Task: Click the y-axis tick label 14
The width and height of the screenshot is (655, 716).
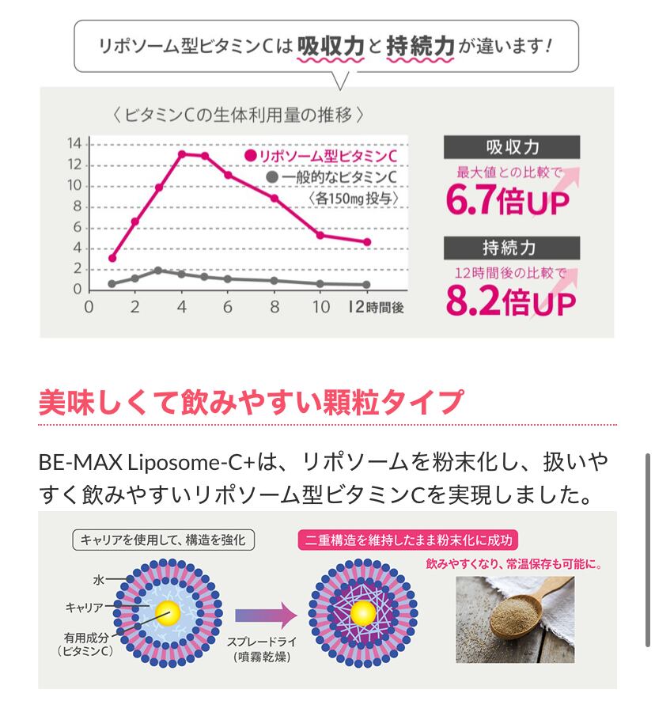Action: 74,143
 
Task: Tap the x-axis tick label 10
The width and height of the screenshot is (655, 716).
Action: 320,307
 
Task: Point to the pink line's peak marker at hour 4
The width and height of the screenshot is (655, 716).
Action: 182,154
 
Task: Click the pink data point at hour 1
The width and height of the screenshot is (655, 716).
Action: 112,258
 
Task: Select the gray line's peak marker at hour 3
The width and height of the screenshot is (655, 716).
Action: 158,271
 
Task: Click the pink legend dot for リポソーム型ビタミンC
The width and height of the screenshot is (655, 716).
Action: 251,157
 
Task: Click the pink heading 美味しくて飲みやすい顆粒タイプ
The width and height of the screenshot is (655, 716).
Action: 250,402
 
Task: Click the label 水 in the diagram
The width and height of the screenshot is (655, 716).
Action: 99,579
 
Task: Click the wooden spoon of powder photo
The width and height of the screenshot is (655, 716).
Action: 514,617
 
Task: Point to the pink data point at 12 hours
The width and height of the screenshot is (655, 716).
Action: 366,242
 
